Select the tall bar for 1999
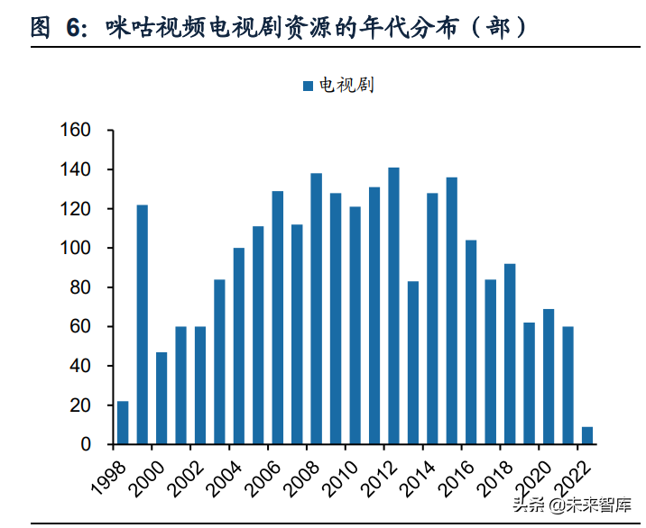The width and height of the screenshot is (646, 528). coord(142,324)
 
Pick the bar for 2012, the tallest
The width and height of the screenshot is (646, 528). coord(393,305)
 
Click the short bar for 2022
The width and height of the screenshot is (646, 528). coord(587,435)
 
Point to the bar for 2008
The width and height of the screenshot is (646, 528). coord(316,308)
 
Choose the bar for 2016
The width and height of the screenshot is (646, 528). coord(471,342)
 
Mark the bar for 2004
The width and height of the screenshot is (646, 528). coord(239,346)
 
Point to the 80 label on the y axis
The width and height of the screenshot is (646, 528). coord(79,287)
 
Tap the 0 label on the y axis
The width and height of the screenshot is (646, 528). coord(86,444)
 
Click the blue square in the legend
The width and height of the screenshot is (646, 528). coord(308,86)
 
